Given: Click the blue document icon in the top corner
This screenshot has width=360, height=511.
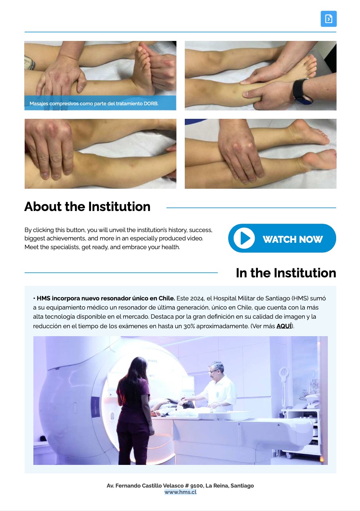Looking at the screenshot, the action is click(329, 19).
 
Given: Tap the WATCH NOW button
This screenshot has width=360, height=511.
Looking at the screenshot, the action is click(282, 238).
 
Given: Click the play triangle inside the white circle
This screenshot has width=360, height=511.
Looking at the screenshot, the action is click(245, 238).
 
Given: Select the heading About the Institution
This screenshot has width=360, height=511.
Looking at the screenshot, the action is click(87, 207).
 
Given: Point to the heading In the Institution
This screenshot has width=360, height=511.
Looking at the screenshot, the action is click(286, 273).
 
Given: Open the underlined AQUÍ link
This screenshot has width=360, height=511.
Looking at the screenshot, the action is click(284, 326).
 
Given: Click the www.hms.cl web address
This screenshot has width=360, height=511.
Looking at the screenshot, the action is click(180, 492).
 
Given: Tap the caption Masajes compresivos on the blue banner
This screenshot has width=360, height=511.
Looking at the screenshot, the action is click(94, 104).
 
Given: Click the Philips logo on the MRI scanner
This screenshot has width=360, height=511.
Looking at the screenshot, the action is click(153, 361).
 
